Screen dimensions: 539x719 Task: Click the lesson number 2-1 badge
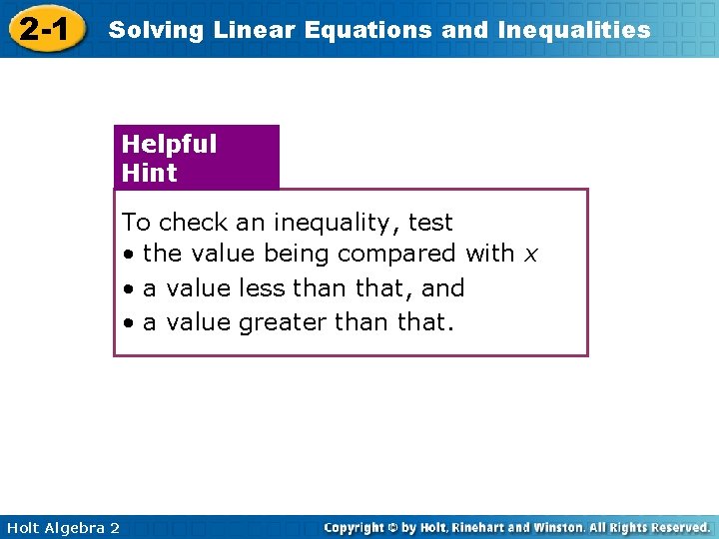tap(44, 30)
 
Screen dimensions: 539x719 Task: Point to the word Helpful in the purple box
tap(169, 144)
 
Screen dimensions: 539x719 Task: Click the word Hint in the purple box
tap(149, 173)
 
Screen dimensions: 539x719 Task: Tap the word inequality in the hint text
tap(335, 223)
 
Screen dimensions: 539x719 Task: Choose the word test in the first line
tap(430, 223)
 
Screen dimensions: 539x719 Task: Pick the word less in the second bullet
tap(263, 288)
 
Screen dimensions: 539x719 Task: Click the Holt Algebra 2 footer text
tap(61, 527)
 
